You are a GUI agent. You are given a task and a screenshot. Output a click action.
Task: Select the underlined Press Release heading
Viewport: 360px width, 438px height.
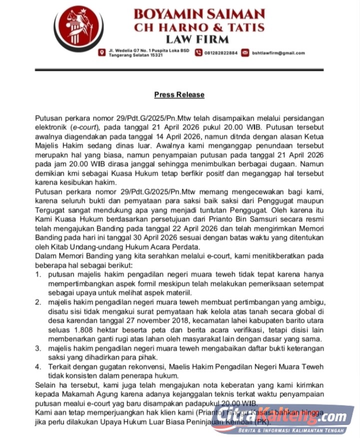click(179, 95)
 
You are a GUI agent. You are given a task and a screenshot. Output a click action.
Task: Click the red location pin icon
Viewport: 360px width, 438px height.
click(102, 53)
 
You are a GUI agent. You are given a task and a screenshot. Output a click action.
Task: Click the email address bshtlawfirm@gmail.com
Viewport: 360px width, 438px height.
click(278, 53)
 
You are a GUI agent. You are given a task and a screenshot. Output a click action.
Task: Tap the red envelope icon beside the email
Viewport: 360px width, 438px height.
click(245, 53)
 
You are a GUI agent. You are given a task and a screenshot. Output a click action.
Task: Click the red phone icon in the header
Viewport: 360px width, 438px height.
click(198, 53)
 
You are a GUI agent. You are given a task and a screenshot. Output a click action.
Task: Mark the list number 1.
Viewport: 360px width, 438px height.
click(38, 274)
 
